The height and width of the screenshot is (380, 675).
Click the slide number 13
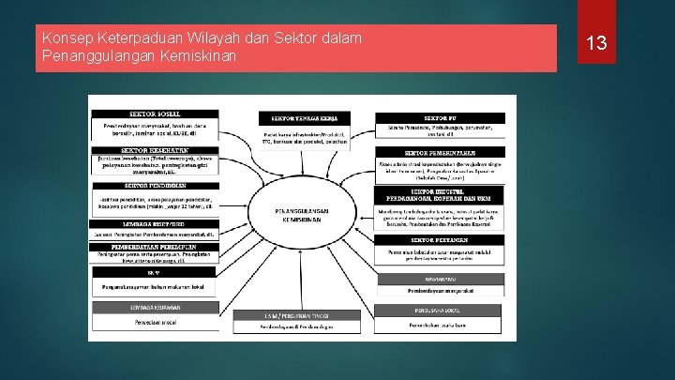(596, 43)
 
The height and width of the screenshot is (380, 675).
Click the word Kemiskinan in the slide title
(199, 56)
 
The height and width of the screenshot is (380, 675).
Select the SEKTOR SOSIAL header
(156, 114)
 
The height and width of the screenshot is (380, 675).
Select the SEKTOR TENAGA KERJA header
(307, 118)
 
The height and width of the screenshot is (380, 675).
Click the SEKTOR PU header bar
(440, 118)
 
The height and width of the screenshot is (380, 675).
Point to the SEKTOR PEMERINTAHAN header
(440, 153)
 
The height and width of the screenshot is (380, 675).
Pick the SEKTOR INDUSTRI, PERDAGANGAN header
(440, 195)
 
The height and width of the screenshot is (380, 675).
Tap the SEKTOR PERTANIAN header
(440, 240)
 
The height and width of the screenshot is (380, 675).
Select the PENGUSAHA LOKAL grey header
(440, 310)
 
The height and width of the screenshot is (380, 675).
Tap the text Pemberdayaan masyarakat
(440, 291)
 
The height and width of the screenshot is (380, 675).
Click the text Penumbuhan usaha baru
(440, 325)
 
